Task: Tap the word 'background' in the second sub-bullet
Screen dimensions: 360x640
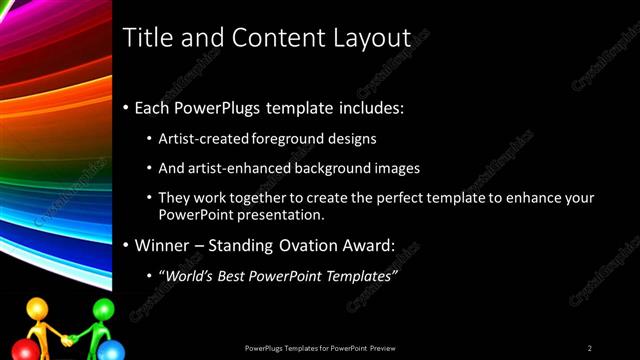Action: click(326, 168)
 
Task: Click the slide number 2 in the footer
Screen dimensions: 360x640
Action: click(590, 348)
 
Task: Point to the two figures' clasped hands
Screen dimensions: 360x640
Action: click(68, 340)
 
